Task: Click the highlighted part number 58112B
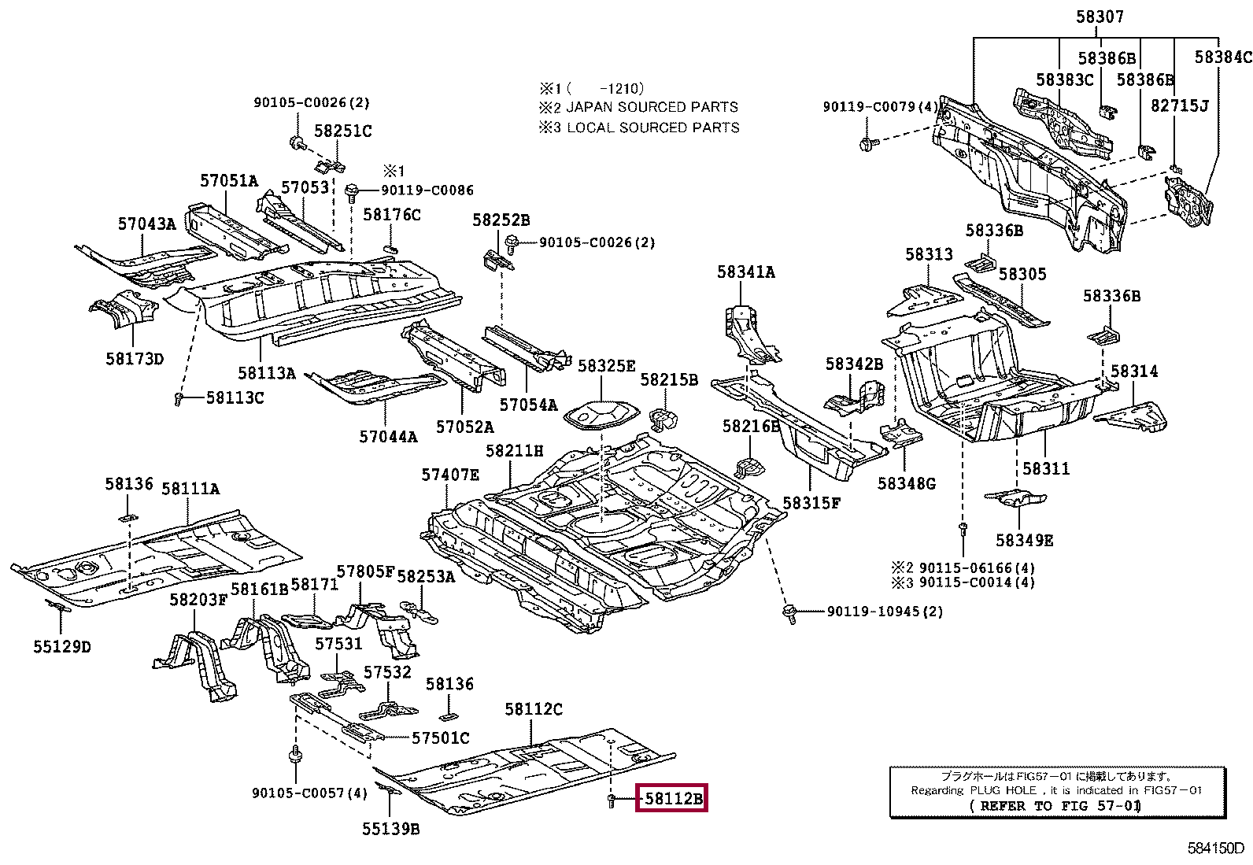(673, 799)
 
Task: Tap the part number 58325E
(606, 366)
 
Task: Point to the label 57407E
(449, 475)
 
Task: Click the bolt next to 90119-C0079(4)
(867, 144)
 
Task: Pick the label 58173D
(135, 359)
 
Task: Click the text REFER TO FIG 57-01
(1055, 806)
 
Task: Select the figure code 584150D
(1216, 848)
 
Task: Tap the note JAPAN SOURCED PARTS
(652, 107)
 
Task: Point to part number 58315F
(811, 502)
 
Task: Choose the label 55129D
(62, 647)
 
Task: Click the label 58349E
(1024, 540)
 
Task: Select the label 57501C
(441, 737)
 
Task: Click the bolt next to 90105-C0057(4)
(296, 756)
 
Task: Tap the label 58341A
(745, 272)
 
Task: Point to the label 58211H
(514, 451)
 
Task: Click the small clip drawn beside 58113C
(179, 400)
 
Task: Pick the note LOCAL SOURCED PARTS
(652, 128)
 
